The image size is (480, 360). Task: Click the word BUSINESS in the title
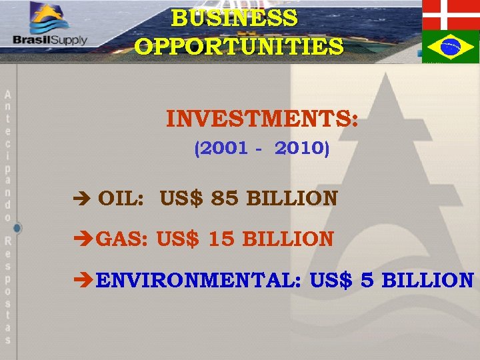tap(235, 18)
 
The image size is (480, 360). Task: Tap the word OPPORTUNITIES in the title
tap(239, 47)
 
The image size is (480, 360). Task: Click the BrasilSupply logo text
tap(50, 39)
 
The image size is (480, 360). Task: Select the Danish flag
tap(451, 14)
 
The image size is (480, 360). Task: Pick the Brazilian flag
tap(451, 47)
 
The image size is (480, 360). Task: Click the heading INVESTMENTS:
tap(262, 120)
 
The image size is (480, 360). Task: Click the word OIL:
tap(119, 199)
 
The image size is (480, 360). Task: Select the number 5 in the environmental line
tap(366, 280)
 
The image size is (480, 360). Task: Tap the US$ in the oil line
tap(181, 199)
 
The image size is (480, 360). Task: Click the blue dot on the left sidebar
tap(17, 228)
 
